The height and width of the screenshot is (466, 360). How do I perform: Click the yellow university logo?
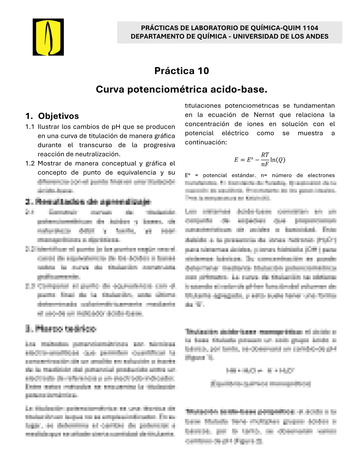point(48,37)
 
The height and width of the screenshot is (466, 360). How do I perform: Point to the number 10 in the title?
point(203,71)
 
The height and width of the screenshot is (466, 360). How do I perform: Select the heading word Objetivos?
point(59,116)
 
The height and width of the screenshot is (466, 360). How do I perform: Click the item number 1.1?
point(30,127)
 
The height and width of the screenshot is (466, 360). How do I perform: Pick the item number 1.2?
point(30,163)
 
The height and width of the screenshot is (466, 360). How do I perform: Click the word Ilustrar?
point(49,127)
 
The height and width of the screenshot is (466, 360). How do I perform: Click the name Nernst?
point(264,115)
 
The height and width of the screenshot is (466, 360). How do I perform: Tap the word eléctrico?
point(235,133)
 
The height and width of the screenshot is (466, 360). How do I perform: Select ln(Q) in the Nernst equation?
point(278,160)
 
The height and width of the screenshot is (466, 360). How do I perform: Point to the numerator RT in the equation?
point(265,155)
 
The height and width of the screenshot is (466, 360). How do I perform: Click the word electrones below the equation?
point(321,175)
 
